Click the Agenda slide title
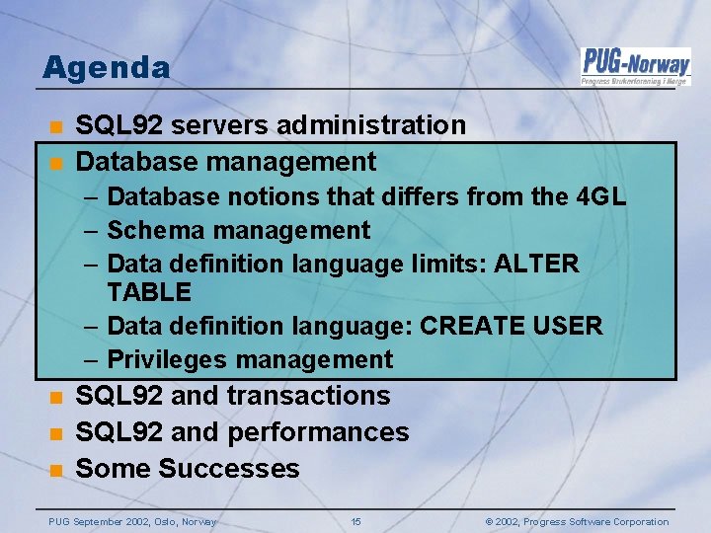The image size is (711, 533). (x=107, y=68)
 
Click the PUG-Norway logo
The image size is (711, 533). (x=635, y=66)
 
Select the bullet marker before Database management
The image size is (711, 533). (x=56, y=162)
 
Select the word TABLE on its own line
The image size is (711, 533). (x=149, y=292)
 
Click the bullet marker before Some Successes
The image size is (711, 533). (x=56, y=469)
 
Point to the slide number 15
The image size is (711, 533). (x=356, y=522)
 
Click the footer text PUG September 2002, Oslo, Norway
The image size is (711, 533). (x=132, y=522)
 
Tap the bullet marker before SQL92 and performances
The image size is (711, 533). (x=56, y=432)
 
